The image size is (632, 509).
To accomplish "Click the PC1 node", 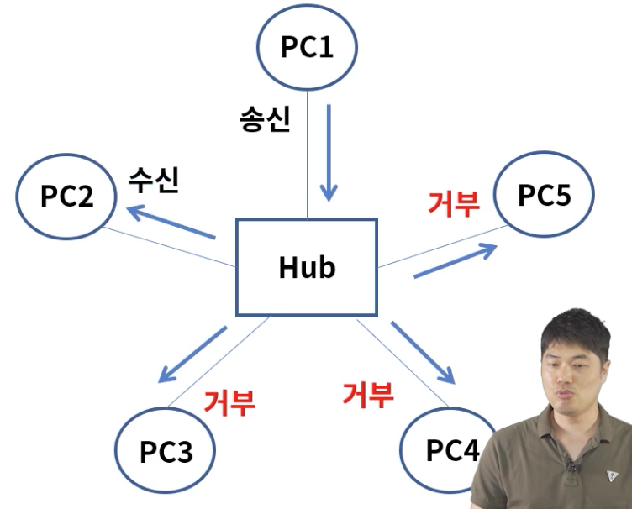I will [307, 46].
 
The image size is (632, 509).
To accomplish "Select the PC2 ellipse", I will [66, 196].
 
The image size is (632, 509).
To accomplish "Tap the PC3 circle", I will [166, 452].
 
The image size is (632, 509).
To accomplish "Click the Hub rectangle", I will [306, 266].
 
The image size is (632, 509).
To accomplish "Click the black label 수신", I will [153, 181].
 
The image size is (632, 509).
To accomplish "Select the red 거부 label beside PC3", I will [229, 402].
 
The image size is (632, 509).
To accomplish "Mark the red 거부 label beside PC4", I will [367, 393].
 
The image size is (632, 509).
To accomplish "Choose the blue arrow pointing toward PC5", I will [453, 261].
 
